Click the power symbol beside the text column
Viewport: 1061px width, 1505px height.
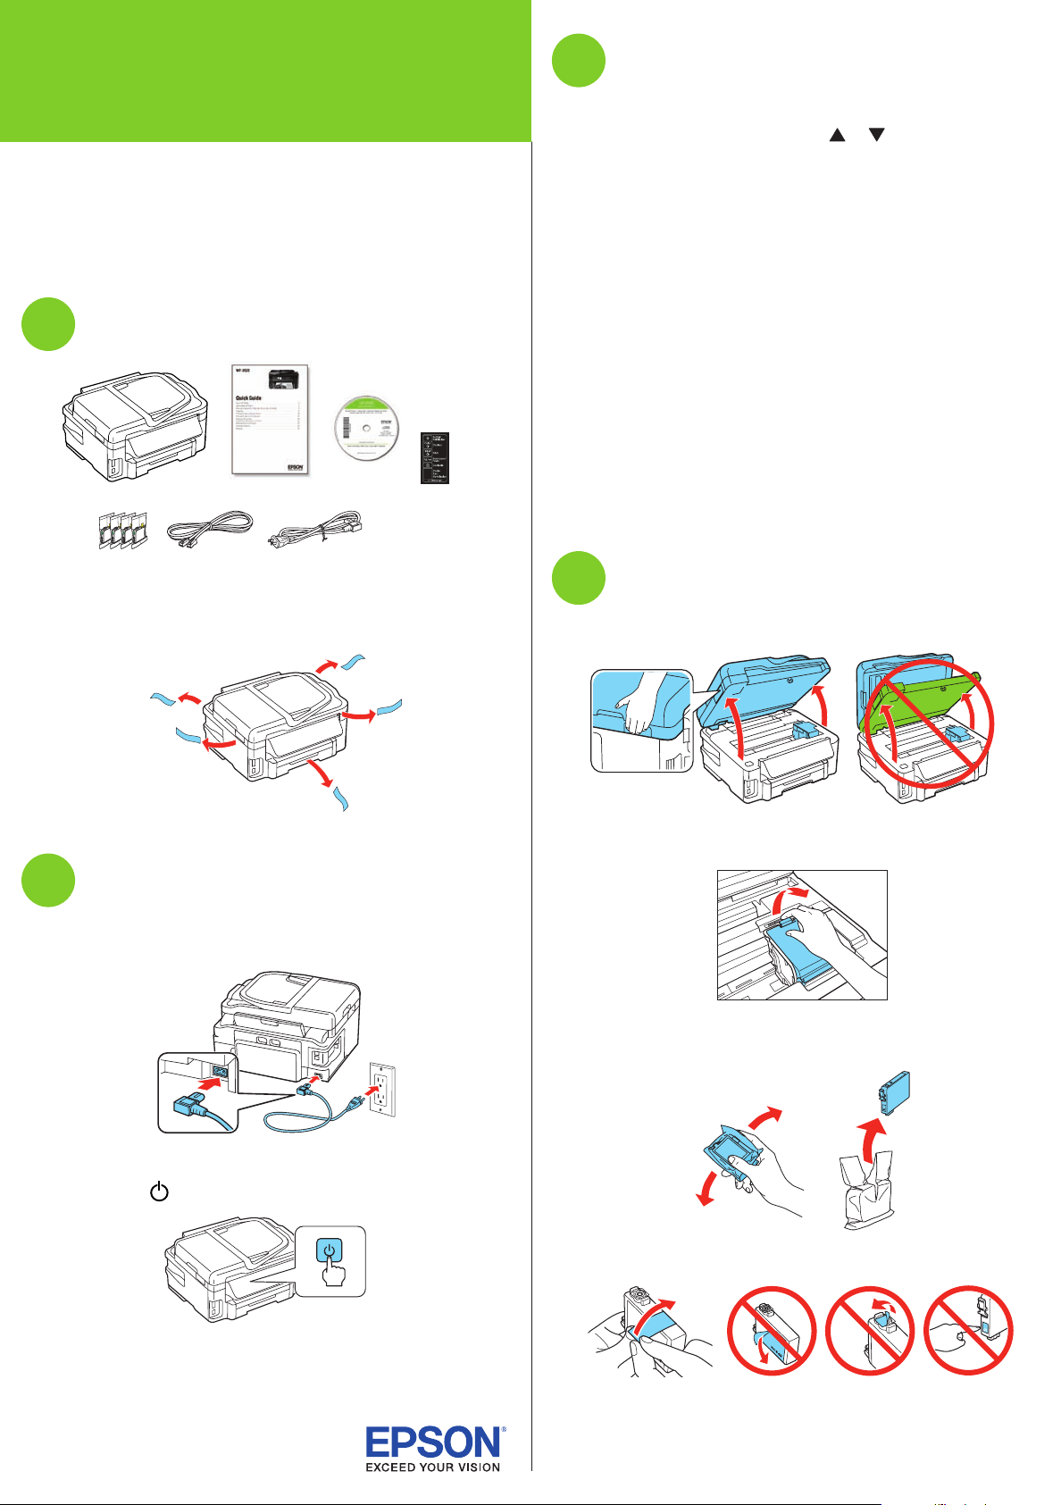pos(159,1191)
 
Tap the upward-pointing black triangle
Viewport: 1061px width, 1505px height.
pos(837,135)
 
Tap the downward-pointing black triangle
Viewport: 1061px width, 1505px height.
pos(877,135)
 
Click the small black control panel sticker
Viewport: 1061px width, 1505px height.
pos(435,457)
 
